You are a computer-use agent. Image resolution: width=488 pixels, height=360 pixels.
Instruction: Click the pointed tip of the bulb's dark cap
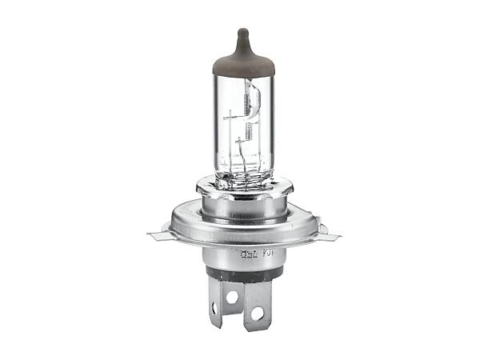tap(244, 31)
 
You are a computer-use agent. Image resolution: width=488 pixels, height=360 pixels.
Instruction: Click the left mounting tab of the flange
tap(158, 235)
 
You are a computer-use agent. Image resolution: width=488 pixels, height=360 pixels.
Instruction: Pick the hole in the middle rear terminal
tap(233, 296)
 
